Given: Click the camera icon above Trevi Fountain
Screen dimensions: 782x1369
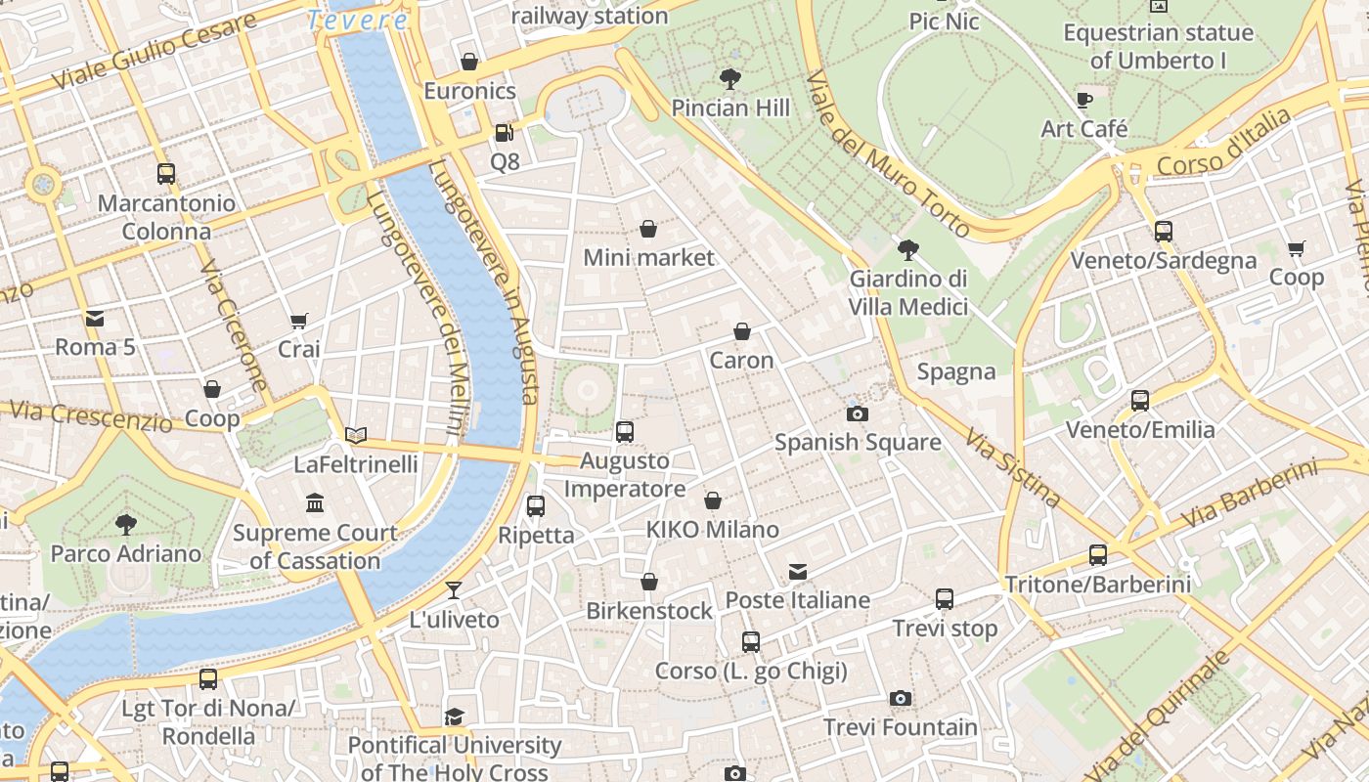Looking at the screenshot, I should pos(901,698).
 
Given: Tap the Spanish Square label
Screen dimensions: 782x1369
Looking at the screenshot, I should pos(858,442).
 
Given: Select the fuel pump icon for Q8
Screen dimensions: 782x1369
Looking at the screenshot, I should pos(504,132).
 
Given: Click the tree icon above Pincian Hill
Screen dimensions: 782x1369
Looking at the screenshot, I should pos(729,78).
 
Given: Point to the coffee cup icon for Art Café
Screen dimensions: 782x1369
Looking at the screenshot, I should pos(1083,99).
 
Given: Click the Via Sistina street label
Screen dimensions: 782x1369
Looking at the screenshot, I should pos(1013,467).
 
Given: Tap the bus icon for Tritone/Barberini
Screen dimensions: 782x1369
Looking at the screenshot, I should pos(1098,555).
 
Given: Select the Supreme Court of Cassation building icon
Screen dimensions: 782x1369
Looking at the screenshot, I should pos(315,503).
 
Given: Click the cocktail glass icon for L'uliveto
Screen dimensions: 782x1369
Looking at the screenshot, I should pos(454,589).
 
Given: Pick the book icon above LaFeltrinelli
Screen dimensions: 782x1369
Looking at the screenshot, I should pos(356,435).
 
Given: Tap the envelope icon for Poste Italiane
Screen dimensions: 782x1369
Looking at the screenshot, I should pos(798,571).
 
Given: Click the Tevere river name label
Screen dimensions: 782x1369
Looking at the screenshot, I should pos(357,20).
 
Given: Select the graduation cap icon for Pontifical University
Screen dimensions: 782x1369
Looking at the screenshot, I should pos(454,717).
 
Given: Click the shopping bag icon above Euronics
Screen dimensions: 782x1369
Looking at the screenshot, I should pos(469,62).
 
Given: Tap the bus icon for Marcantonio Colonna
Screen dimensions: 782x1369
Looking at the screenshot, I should pos(166,174).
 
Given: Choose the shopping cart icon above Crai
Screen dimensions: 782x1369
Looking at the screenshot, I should pos(299,321).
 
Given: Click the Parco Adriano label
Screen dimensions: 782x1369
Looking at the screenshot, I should pos(125,553).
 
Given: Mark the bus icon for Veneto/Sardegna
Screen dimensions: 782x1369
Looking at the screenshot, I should pos(1163,232).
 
